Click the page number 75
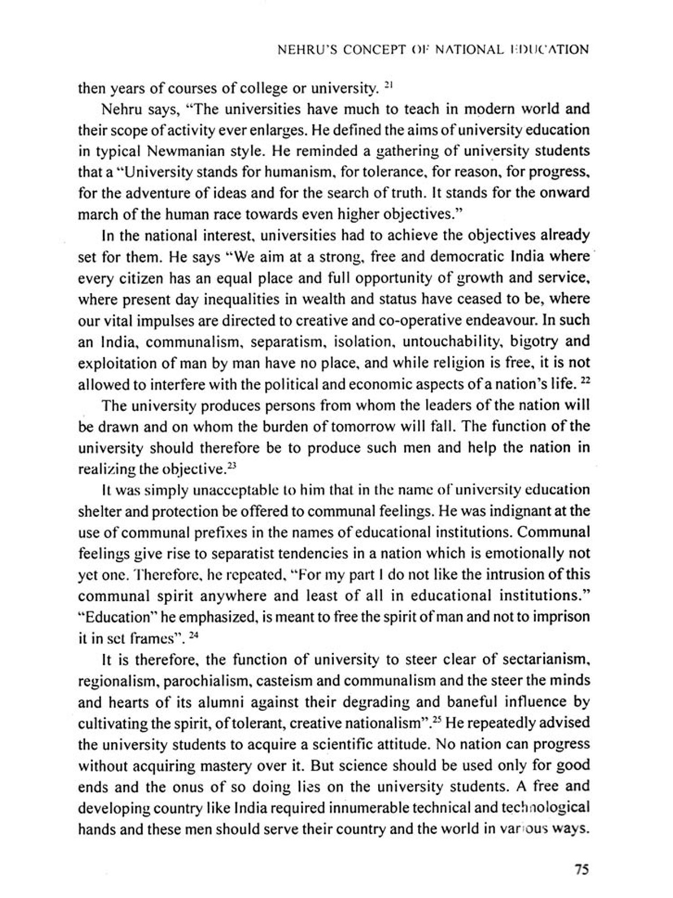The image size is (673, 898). (581, 870)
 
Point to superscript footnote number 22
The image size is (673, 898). (585, 381)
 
